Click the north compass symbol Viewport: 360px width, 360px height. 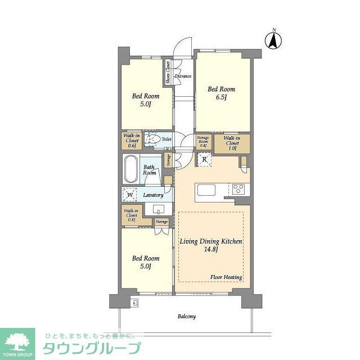(274, 39)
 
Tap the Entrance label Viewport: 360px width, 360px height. (183, 76)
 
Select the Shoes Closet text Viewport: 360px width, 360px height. (168, 73)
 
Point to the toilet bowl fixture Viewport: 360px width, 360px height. (152, 139)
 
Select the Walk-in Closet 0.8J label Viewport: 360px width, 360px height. (132, 215)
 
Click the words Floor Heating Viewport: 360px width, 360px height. (226, 277)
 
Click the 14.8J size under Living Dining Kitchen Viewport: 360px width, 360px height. (211, 250)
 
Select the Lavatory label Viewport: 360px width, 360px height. (153, 195)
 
